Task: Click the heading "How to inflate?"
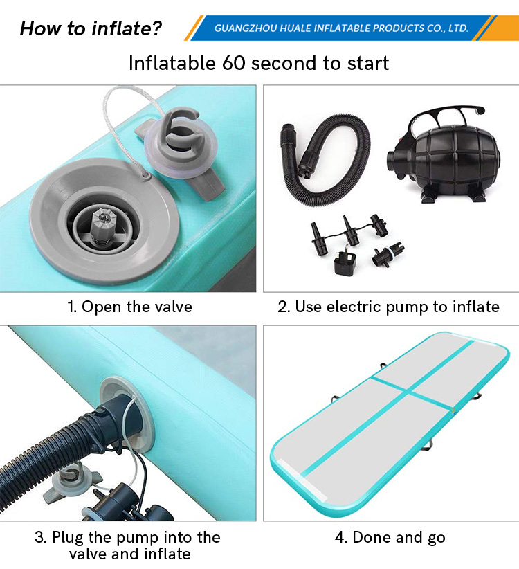(91, 28)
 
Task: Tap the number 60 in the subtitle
(234, 63)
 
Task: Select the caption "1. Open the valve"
(129, 307)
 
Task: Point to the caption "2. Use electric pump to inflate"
(388, 307)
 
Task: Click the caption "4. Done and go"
(390, 537)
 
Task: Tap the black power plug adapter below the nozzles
(345, 261)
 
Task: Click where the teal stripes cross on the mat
(408, 391)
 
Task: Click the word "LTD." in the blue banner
(458, 28)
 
